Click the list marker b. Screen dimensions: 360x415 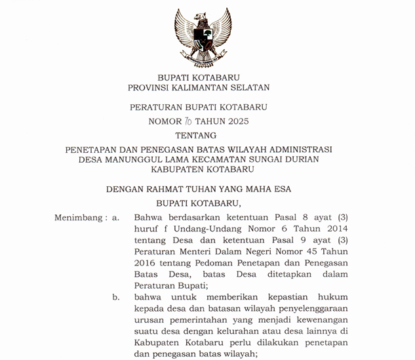tap(115, 297)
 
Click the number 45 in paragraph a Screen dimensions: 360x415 tap(311, 250)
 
